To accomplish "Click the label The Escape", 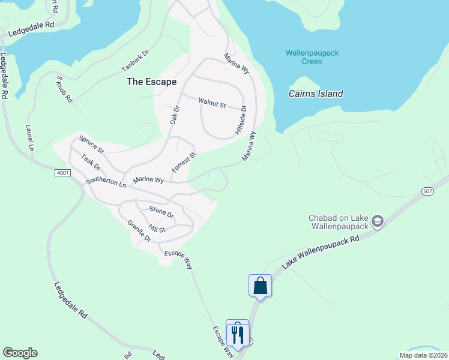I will (x=151, y=82).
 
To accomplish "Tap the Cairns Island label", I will (x=316, y=94).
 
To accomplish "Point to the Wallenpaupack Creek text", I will (x=312, y=57).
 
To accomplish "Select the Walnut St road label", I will (x=212, y=103).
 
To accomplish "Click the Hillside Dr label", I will (x=241, y=120).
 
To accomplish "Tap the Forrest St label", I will (x=184, y=163).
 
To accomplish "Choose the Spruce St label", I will (x=91, y=145).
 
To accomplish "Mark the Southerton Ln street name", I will (x=106, y=182).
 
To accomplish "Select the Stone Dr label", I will (x=161, y=212).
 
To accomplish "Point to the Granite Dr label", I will (x=139, y=230).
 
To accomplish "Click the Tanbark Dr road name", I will (x=135, y=58).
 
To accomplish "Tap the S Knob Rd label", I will (x=64, y=89).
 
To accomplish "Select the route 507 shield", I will (x=427, y=191).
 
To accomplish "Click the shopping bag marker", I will (x=261, y=285).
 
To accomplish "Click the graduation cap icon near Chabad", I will (x=378, y=222).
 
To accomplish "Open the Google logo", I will (x=20, y=353).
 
